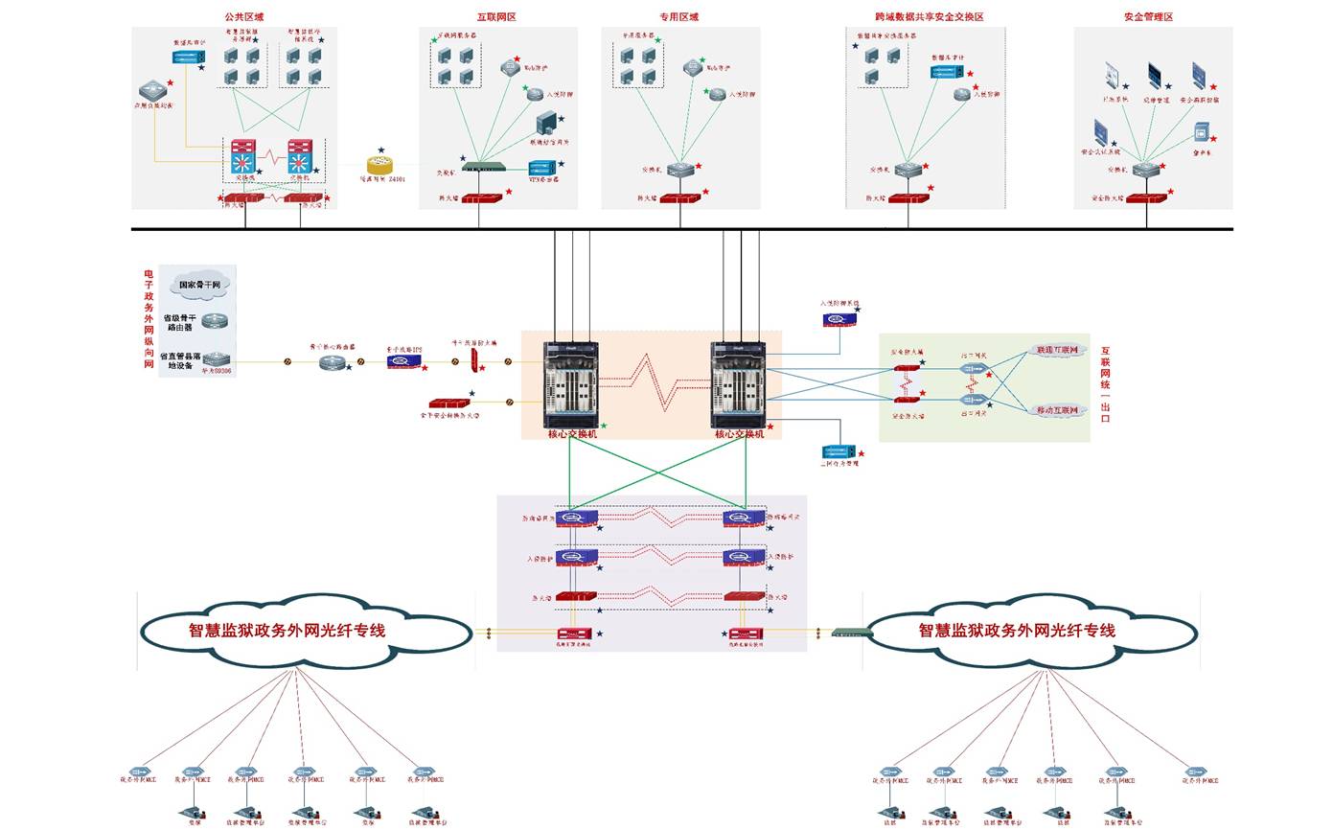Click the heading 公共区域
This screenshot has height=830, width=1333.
pyautogui.click(x=243, y=17)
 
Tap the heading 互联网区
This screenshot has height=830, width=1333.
pyautogui.click(x=496, y=17)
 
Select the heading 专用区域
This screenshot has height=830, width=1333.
pyautogui.click(x=678, y=17)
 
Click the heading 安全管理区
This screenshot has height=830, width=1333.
pyautogui.click(x=1148, y=17)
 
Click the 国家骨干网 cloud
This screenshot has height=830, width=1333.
pyautogui.click(x=199, y=284)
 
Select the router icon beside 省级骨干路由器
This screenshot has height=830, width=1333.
pyautogui.click(x=216, y=321)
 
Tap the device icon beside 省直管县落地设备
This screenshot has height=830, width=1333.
pyautogui.click(x=217, y=359)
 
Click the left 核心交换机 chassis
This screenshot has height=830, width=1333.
pyautogui.click(x=571, y=383)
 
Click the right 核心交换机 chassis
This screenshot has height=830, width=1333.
pyautogui.click(x=738, y=383)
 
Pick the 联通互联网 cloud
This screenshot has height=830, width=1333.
pyautogui.click(x=1057, y=351)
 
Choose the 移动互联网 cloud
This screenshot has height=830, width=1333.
pyautogui.click(x=1057, y=410)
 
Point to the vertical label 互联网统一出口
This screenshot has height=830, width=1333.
pyautogui.click(x=1105, y=383)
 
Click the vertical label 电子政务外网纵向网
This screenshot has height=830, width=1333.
pyautogui.click(x=149, y=318)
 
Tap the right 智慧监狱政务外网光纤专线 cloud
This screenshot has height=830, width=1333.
pyautogui.click(x=1030, y=630)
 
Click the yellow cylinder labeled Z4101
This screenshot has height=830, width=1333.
pyautogui.click(x=379, y=166)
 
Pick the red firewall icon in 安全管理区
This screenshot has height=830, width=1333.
pyautogui.click(x=1146, y=198)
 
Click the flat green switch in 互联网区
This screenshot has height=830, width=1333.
pyautogui.click(x=483, y=167)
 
